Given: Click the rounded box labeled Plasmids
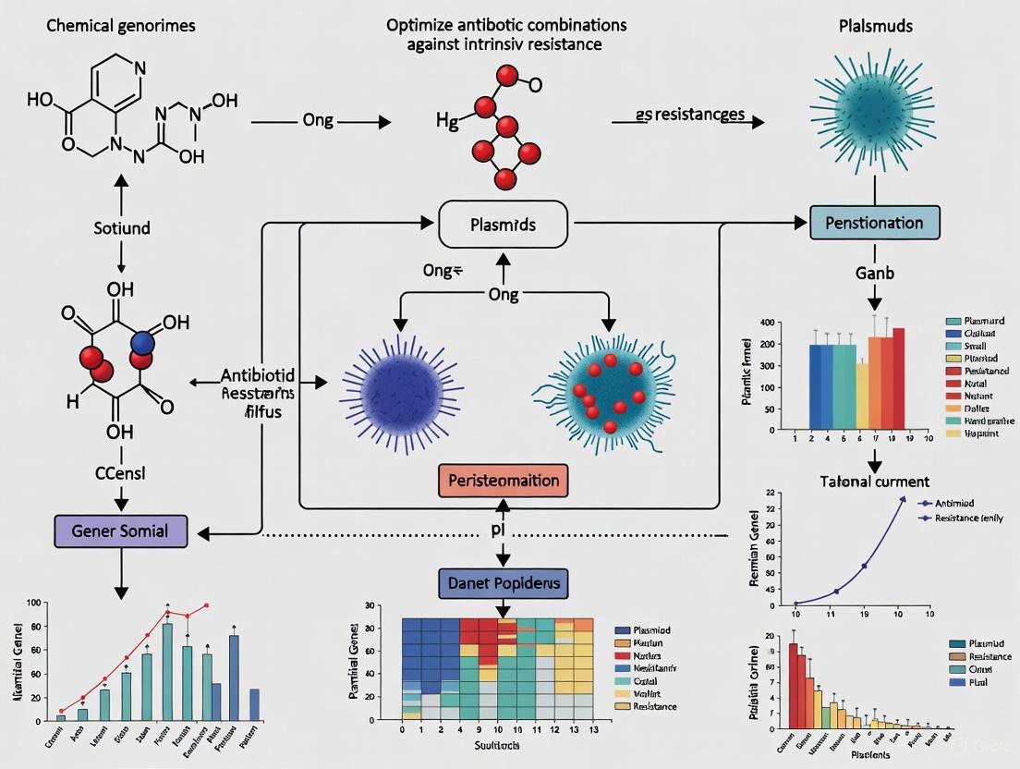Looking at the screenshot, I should click(503, 224).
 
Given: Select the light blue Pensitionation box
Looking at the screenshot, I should click(874, 223).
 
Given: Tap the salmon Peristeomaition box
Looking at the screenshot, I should click(503, 481).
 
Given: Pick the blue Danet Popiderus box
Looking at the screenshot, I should click(503, 583).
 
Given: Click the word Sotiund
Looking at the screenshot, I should click(120, 226).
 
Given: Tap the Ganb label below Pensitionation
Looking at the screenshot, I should click(874, 274).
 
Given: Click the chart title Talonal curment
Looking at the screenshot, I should click(874, 482).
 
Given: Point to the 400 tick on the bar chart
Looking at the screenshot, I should click(766, 323).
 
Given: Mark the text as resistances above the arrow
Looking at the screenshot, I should click(690, 114).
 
